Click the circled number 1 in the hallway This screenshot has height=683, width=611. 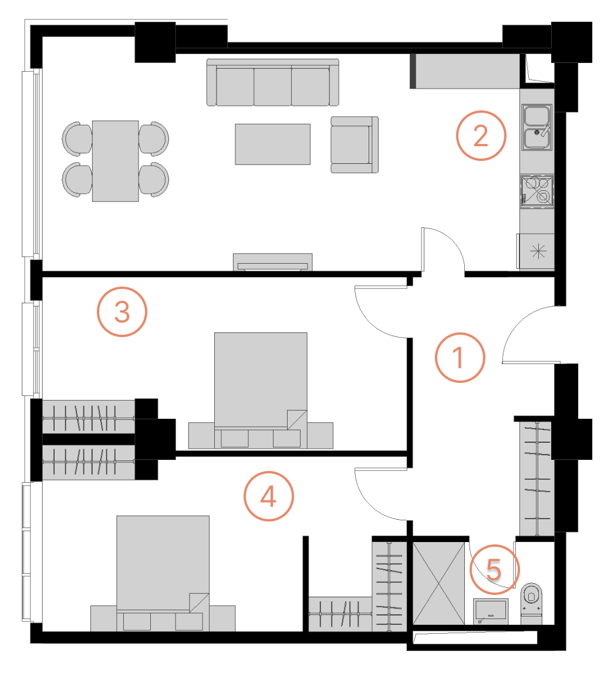(x=460, y=358)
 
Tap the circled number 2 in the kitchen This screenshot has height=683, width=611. (x=481, y=136)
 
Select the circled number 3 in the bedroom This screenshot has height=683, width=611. (x=121, y=311)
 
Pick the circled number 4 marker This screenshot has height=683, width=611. (x=268, y=497)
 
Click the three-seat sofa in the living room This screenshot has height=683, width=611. (x=273, y=83)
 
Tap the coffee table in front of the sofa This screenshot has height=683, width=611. (x=273, y=144)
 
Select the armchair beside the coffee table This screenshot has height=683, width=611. (x=353, y=144)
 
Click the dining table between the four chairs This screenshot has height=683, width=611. (x=116, y=161)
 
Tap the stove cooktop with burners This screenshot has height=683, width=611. (x=537, y=191)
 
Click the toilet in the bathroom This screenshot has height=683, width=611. (x=532, y=601)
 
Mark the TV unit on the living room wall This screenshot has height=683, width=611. (x=273, y=262)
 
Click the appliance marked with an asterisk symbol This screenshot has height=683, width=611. (x=537, y=251)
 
